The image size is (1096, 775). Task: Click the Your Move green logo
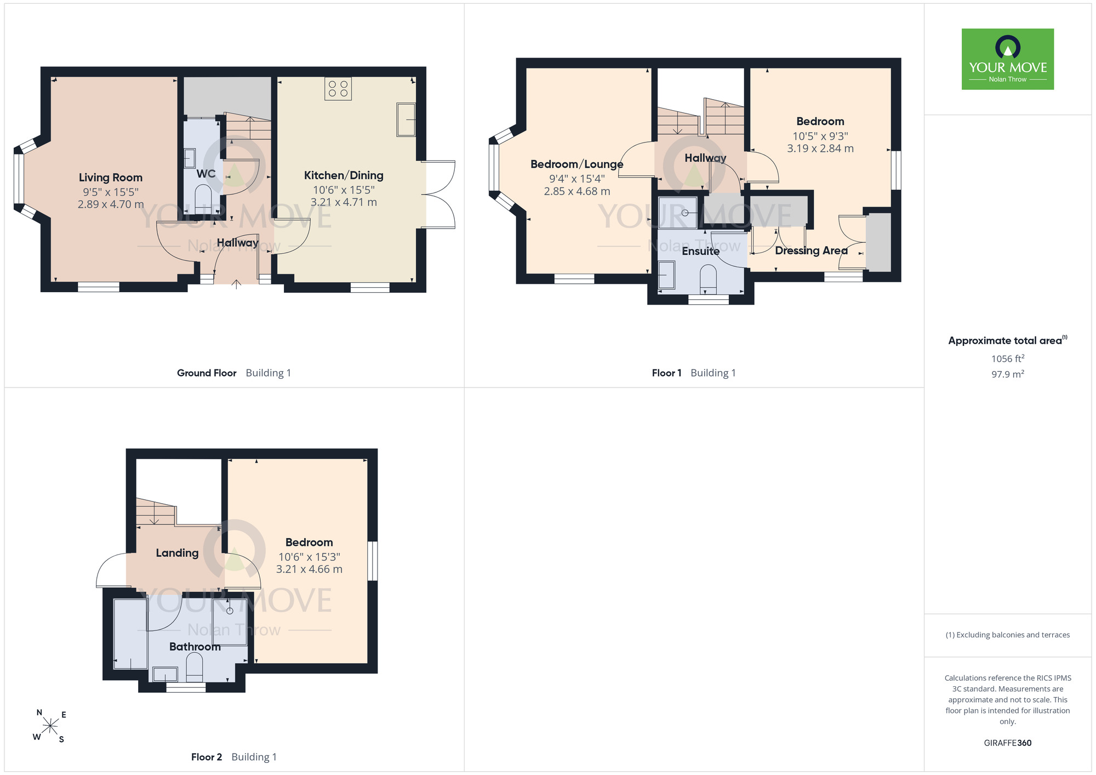pos(1008,59)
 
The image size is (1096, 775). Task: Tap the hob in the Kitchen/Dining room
pos(338,89)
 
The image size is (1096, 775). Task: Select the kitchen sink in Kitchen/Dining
pos(406,119)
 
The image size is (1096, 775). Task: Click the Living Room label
pos(111,178)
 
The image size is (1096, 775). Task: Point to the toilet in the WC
pos(203,195)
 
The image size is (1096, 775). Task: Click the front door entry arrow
pos(236,284)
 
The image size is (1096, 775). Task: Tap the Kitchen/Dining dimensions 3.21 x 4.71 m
pos(344,202)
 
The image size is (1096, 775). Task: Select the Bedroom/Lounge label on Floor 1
pos(577,164)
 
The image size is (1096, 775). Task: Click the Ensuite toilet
pos(709,278)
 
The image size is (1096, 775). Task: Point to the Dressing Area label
pos(811,250)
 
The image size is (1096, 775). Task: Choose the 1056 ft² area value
pos(1008,358)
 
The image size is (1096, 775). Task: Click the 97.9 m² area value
pos(1008,374)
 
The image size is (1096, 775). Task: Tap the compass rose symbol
pos(50,726)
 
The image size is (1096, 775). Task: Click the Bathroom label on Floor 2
pos(195,647)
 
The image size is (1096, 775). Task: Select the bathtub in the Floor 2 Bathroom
pos(130,634)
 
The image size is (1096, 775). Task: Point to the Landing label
pos(177,553)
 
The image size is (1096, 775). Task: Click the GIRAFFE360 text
pos(1008,743)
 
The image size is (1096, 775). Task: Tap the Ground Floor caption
pos(207,373)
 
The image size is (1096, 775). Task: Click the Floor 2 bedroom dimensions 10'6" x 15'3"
pos(309,557)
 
